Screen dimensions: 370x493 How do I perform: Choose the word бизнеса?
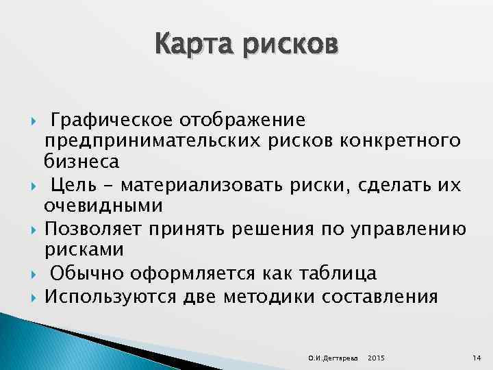[81, 162]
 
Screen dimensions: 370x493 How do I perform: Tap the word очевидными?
[103, 206]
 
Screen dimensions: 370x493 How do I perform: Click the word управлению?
[409, 229]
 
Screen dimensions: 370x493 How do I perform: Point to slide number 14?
[477, 358]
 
